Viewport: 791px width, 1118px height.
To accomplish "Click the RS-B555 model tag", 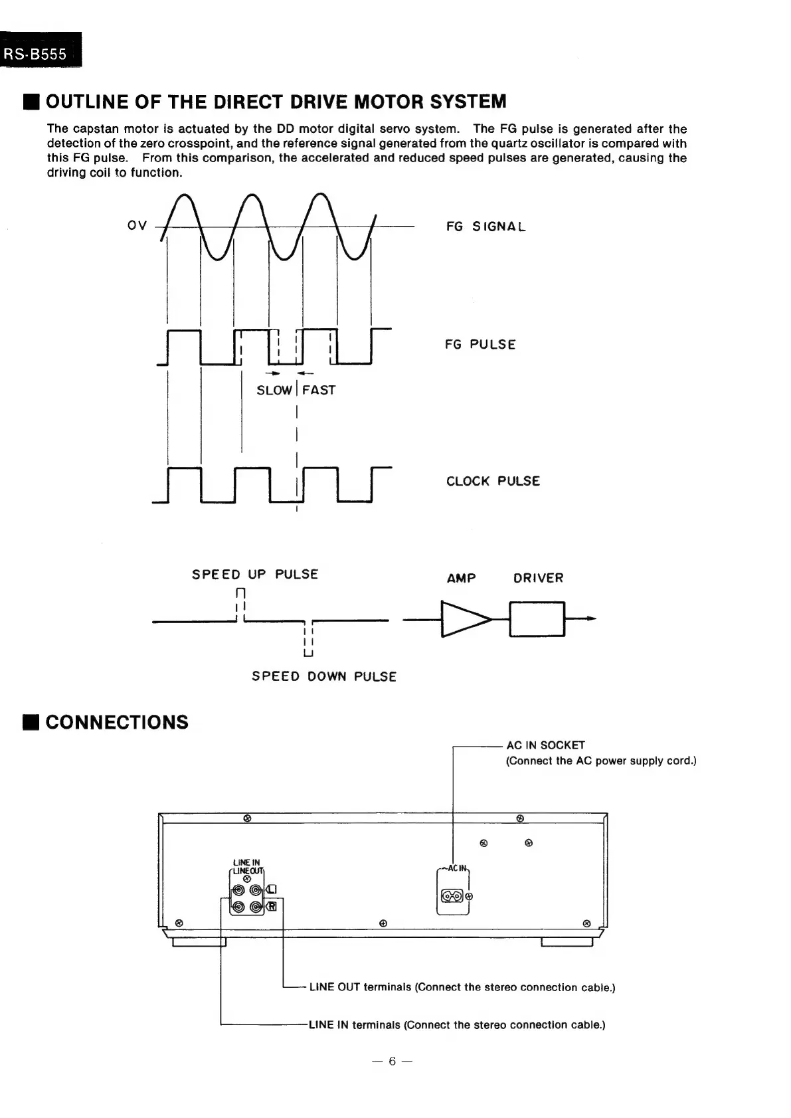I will (x=37, y=54).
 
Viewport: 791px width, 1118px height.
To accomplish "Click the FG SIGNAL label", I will (x=485, y=227).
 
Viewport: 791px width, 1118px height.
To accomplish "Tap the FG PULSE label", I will (x=480, y=344).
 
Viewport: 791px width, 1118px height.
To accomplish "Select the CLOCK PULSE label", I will (x=493, y=481).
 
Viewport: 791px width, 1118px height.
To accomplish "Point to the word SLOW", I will (x=274, y=390).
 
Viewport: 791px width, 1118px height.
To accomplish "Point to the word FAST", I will (x=319, y=390).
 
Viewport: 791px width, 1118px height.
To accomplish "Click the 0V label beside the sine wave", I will (x=137, y=225).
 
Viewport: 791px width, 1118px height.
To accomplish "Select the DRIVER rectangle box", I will (x=537, y=619).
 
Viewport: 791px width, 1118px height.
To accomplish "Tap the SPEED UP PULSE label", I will (x=255, y=574).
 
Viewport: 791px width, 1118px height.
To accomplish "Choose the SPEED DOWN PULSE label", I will (x=323, y=676).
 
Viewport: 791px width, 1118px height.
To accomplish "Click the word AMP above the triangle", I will (x=461, y=578).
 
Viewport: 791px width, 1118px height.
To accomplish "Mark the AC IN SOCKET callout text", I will (x=545, y=745).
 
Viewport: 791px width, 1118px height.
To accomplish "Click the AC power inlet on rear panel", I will (x=452, y=896).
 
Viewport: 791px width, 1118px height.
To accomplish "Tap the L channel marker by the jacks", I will (x=272, y=890).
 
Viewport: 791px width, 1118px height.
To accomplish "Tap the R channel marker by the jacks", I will (x=272, y=907).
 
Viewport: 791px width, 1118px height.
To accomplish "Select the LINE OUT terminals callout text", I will (x=462, y=987).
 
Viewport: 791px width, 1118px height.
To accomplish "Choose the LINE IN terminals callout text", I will (x=457, y=1024).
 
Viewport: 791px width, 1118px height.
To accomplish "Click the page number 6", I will (x=392, y=1061).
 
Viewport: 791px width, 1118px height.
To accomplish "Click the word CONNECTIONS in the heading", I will (x=117, y=722).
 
